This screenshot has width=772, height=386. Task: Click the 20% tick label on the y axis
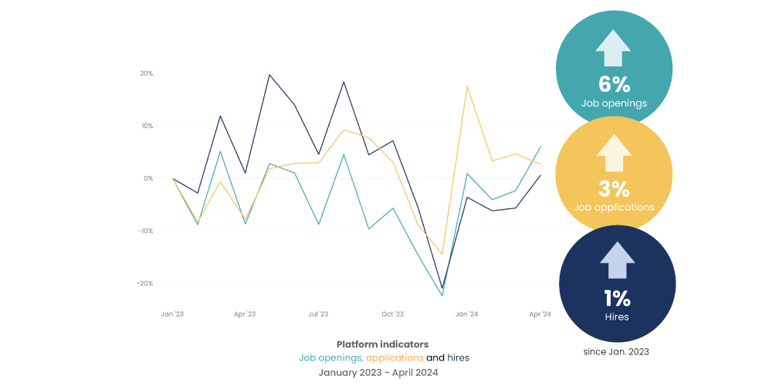pyautogui.click(x=146, y=73)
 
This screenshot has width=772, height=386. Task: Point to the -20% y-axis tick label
pyautogui.click(x=144, y=283)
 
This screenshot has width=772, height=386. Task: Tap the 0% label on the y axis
pyautogui.click(x=147, y=178)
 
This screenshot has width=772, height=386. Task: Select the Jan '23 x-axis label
pyautogui.click(x=171, y=314)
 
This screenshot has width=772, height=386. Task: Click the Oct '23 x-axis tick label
pyautogui.click(x=392, y=314)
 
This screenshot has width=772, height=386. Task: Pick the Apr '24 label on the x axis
pyautogui.click(x=540, y=314)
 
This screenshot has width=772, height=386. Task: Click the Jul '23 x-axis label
pyautogui.click(x=318, y=314)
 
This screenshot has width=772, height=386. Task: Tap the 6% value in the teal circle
pyautogui.click(x=615, y=84)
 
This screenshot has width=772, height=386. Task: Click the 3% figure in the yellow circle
pyautogui.click(x=614, y=188)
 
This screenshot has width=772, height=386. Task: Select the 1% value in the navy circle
pyautogui.click(x=617, y=298)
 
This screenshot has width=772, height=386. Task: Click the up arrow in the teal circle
pyautogui.click(x=614, y=48)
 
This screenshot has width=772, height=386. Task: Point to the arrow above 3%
pyautogui.click(x=614, y=153)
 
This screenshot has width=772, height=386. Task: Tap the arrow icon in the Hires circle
pyautogui.click(x=617, y=260)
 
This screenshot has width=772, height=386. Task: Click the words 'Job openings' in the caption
pyautogui.click(x=330, y=357)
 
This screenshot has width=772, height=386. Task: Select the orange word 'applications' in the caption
pyautogui.click(x=394, y=357)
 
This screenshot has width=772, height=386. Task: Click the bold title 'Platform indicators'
pyautogui.click(x=382, y=344)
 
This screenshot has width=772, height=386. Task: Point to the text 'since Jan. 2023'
pyautogui.click(x=615, y=352)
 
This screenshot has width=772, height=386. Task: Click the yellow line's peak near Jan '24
pyautogui.click(x=467, y=86)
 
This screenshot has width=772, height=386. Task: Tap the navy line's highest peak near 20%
pyautogui.click(x=269, y=75)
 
